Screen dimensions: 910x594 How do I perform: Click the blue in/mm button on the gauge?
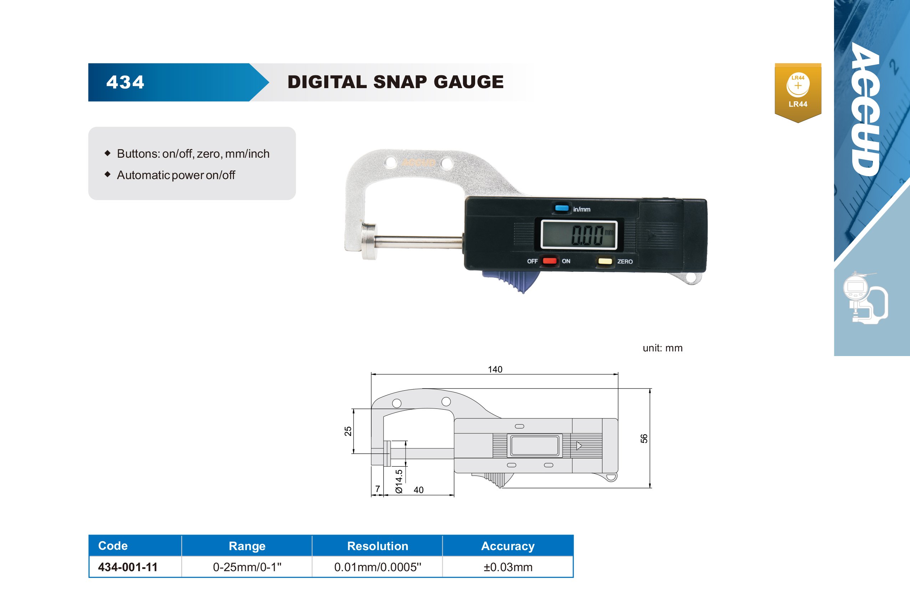[x=562, y=208]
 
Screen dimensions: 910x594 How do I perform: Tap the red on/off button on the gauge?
[x=549, y=261]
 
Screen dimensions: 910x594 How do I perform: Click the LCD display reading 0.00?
[x=579, y=234]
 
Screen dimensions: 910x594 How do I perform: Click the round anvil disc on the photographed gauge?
[x=369, y=242]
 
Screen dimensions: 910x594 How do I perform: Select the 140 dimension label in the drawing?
[x=495, y=369]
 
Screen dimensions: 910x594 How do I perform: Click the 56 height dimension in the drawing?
[x=644, y=438]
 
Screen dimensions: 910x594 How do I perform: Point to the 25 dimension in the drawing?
[x=347, y=431]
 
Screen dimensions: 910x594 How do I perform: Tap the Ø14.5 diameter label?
[x=399, y=482]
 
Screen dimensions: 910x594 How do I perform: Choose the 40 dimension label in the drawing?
[x=418, y=490]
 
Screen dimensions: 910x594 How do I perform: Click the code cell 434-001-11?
[x=128, y=567]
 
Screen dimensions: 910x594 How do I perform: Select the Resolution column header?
[x=377, y=546]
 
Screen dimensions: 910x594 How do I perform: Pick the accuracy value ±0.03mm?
[x=508, y=567]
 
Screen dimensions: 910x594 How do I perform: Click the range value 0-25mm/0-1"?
[x=247, y=567]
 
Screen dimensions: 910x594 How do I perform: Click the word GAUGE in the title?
[x=468, y=82]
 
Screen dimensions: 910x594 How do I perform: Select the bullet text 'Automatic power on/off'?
[x=176, y=175]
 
